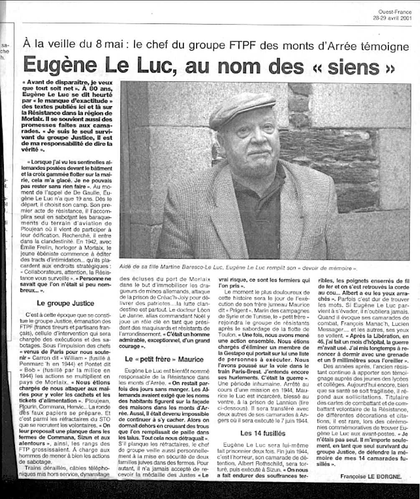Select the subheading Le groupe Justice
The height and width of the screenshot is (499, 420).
point(66,303)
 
